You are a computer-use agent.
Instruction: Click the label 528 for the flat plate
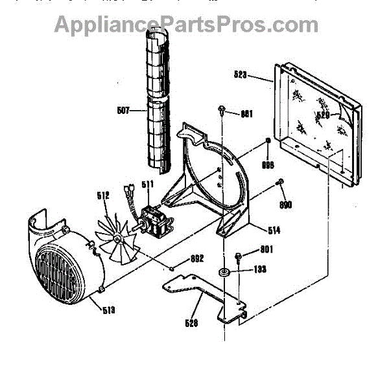coord(191,322)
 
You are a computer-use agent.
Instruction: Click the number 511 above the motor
coord(148,183)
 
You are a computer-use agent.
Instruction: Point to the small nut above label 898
coord(268,142)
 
